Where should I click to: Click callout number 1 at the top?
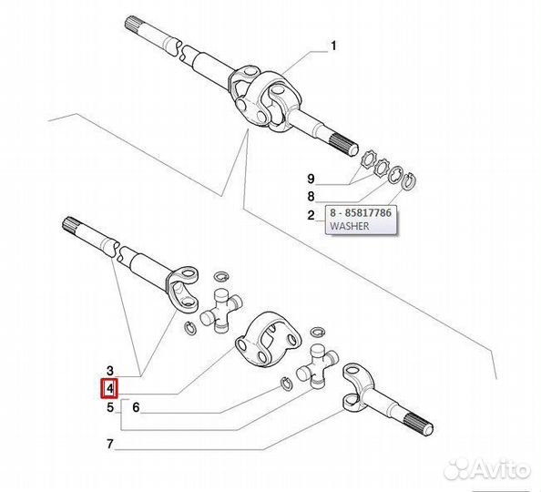(333, 46)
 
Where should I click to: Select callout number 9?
(311, 179)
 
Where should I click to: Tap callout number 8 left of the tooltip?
(311, 197)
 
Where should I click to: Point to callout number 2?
(311, 215)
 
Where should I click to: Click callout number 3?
(109, 371)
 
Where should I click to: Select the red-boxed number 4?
(109, 389)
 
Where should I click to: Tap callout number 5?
(109, 407)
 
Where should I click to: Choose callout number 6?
(136, 407)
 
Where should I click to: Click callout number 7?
(109, 444)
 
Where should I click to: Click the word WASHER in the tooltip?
(349, 226)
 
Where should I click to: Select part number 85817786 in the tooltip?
(367, 212)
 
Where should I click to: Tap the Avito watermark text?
(500, 469)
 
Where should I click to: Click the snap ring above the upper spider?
(220, 277)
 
